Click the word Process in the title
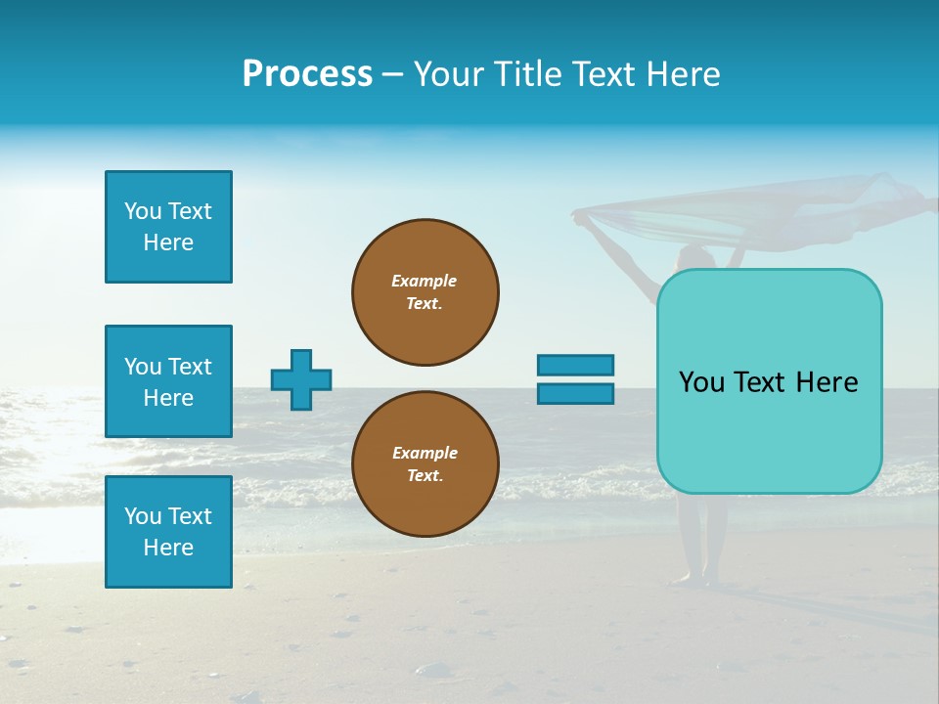[x=307, y=73]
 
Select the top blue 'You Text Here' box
[x=168, y=227]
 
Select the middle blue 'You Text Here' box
[x=168, y=381]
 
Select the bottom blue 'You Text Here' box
[x=168, y=532]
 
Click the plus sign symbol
[x=301, y=379]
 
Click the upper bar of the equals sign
[x=575, y=365]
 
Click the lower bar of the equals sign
[x=575, y=393]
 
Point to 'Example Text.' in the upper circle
[x=425, y=292]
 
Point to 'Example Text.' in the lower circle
[x=425, y=464]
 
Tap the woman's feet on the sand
[x=700, y=580]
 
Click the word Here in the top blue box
[x=168, y=242]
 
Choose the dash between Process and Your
[x=392, y=74]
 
